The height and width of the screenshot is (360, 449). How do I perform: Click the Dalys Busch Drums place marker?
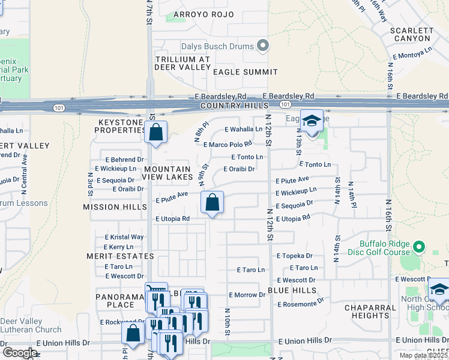(x=262, y=46)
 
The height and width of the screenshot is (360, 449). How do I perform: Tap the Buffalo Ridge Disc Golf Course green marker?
(x=419, y=247)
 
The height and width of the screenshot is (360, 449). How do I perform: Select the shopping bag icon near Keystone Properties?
(x=155, y=133)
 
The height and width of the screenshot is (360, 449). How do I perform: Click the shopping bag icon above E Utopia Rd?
(x=212, y=203)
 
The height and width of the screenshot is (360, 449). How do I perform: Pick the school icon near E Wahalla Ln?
(x=312, y=122)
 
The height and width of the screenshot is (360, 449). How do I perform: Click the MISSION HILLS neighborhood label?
(x=115, y=206)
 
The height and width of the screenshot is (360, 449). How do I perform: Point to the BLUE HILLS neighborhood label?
(x=292, y=290)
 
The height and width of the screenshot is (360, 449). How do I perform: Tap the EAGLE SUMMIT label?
(x=246, y=72)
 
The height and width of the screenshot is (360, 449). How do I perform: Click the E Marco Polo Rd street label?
(x=228, y=144)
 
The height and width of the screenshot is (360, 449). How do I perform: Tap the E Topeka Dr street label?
(x=295, y=256)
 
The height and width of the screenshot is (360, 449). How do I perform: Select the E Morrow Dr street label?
(x=247, y=295)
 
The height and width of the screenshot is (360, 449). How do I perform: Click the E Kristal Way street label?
(x=124, y=237)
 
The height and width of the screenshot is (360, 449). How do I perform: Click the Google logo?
(x=20, y=353)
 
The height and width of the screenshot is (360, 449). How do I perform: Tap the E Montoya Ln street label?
(x=412, y=55)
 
